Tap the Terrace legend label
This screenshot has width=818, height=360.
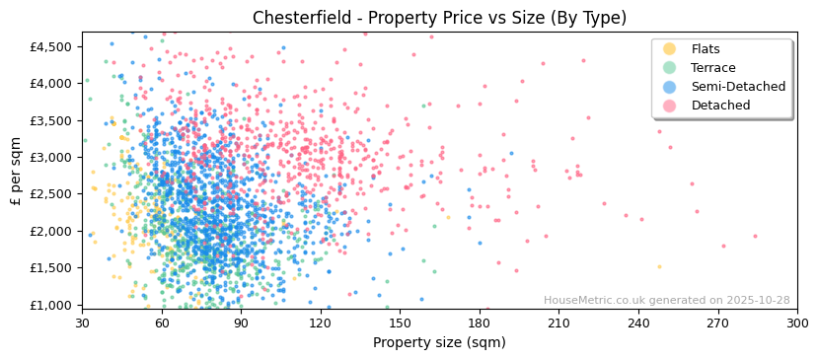(712, 68)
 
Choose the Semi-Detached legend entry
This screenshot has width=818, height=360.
(738, 87)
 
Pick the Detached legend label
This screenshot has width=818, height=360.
(720, 106)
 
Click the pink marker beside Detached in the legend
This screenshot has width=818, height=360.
(669, 106)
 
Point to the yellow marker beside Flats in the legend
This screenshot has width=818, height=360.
(669, 49)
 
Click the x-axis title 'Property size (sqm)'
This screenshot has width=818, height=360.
(439, 343)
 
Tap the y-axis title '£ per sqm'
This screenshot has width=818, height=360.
(17, 171)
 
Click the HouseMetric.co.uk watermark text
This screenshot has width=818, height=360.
(666, 301)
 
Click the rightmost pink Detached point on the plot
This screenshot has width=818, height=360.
(756, 236)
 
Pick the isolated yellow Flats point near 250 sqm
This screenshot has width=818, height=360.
(659, 266)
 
